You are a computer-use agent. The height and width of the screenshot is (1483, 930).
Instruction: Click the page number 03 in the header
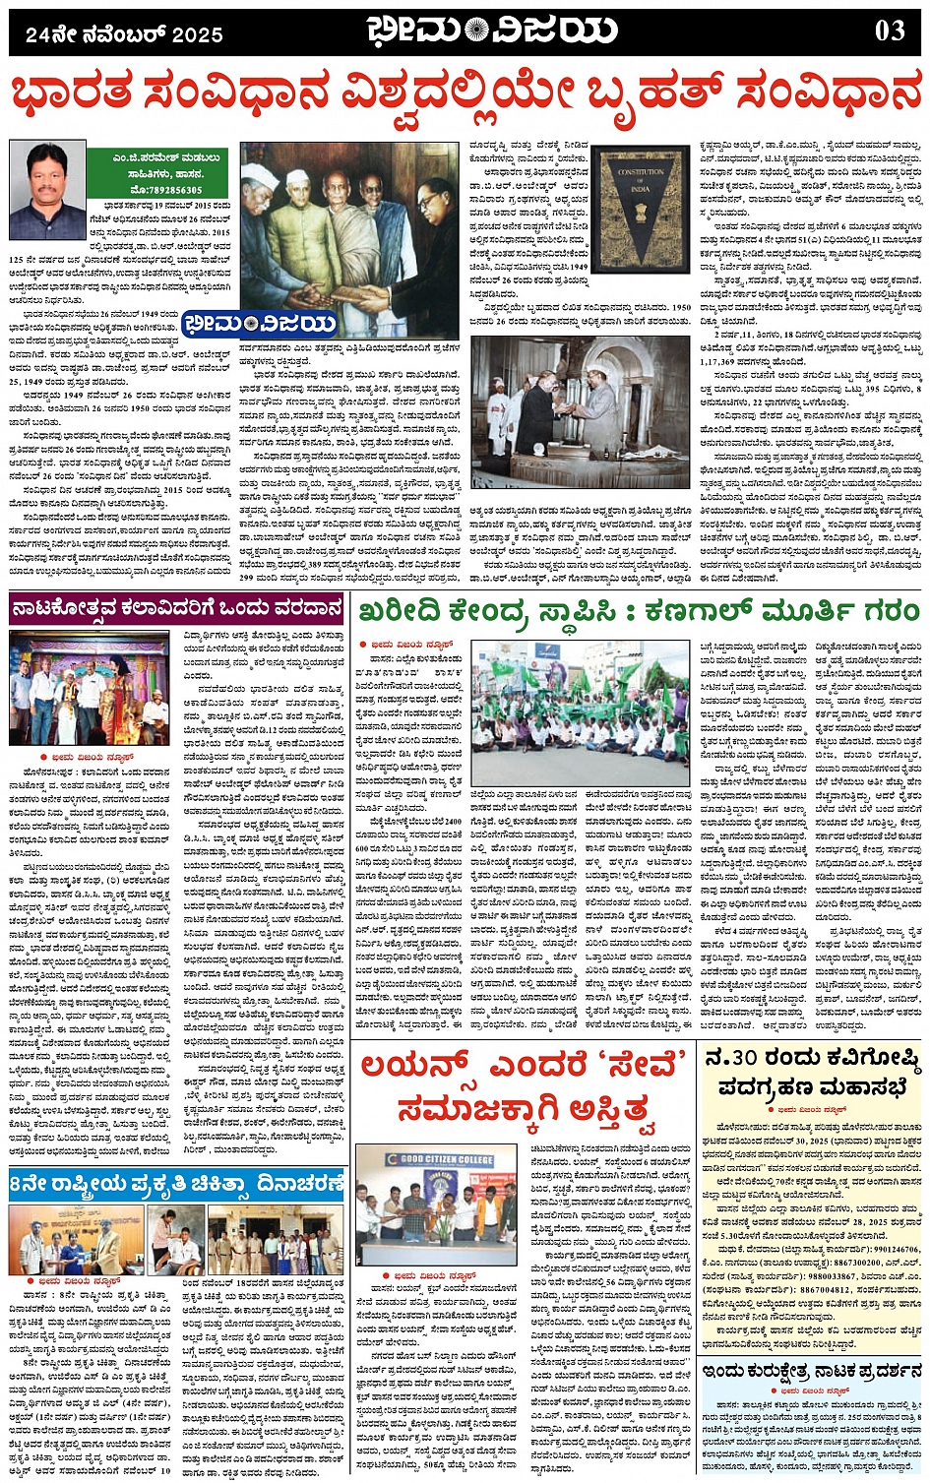pos(889,31)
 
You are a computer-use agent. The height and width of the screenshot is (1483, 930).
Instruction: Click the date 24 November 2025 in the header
pos(125,35)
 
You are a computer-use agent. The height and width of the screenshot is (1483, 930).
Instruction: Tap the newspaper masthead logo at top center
pos(492,31)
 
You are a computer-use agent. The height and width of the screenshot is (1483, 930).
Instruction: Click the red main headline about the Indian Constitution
pos(465,96)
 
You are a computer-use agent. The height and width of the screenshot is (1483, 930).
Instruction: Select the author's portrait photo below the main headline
pos(46,184)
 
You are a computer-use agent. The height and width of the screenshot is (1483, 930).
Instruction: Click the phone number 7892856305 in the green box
pos(164,190)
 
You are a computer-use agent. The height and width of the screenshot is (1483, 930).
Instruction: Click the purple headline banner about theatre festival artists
pos(177,610)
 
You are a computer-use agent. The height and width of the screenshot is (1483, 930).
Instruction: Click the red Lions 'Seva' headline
pos(522,1086)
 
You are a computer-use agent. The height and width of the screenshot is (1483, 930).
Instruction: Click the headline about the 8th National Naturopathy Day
pos(177,1184)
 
